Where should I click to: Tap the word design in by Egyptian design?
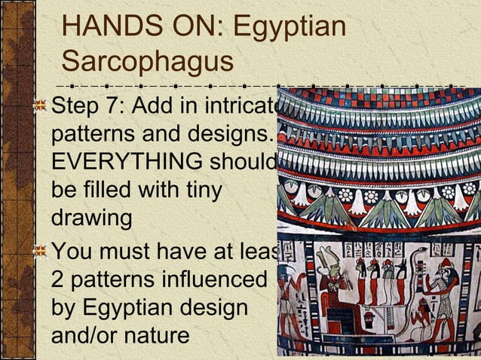point(218,307)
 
